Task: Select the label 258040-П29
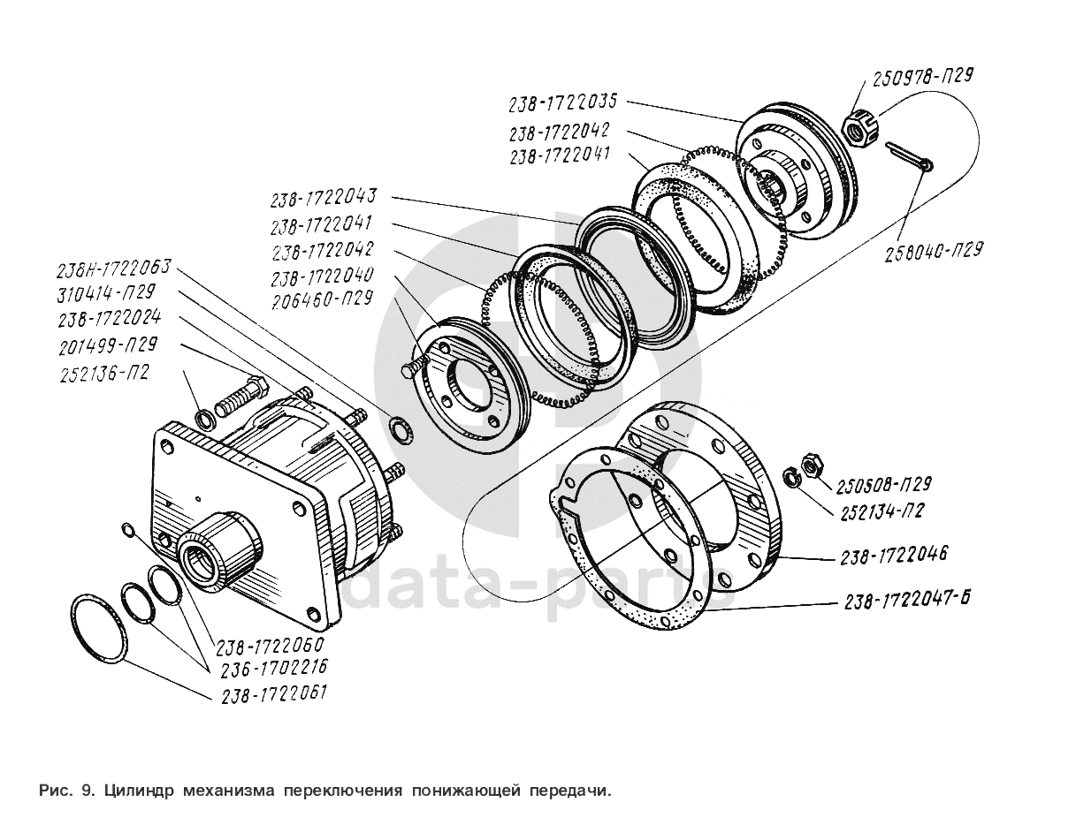tap(932, 250)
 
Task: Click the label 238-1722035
tap(562, 102)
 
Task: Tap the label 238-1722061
tap(269, 694)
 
